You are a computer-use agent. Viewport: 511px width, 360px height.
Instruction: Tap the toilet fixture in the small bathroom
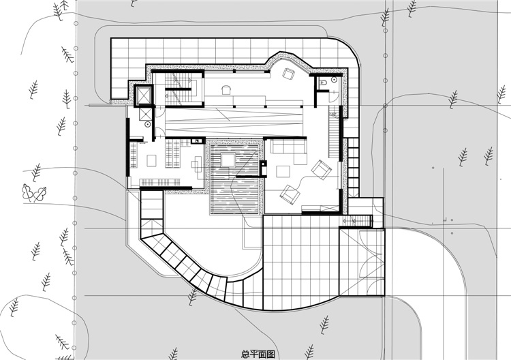(x=324, y=82)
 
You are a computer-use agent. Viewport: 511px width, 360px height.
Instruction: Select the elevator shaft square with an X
(x=143, y=95)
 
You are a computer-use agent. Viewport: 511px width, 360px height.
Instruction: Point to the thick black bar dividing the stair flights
(x=177, y=89)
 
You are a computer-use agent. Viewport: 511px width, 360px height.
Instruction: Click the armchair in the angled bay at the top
(x=289, y=74)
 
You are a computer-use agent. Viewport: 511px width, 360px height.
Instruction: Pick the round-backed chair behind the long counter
(x=226, y=90)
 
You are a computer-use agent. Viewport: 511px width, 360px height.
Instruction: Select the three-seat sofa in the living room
(x=288, y=146)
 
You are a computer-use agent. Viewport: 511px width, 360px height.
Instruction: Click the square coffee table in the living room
(x=283, y=172)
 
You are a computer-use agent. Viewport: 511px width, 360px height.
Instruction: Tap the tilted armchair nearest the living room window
(x=322, y=170)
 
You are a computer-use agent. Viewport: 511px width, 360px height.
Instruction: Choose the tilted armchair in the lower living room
(x=290, y=195)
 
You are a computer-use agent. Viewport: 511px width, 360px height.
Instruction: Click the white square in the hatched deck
(x=228, y=160)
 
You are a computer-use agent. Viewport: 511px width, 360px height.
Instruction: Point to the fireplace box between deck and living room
(x=263, y=168)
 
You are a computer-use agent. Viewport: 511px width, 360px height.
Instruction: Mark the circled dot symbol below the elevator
(x=148, y=124)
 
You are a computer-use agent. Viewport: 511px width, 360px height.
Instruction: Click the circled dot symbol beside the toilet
(x=334, y=80)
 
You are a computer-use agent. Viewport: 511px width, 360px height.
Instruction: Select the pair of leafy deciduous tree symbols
(x=34, y=193)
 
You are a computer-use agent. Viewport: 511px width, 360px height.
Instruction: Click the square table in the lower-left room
(x=151, y=161)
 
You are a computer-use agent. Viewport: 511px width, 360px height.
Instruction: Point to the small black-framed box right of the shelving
(x=198, y=141)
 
